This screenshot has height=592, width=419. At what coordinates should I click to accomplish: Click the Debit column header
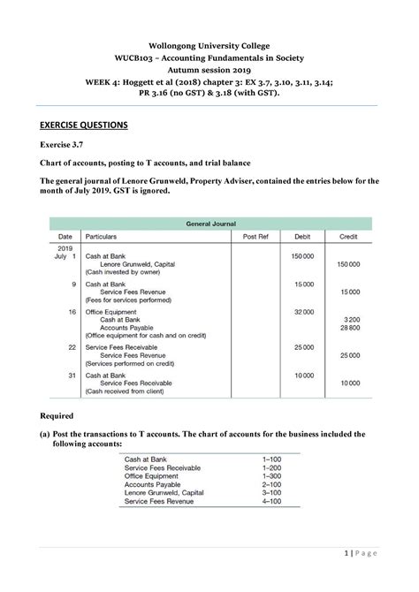tap(302, 238)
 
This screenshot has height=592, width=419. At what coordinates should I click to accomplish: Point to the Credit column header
tap(347, 238)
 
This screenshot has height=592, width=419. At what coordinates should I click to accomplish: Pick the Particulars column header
tap(103, 238)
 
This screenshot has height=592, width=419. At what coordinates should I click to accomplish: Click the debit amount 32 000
tap(303, 311)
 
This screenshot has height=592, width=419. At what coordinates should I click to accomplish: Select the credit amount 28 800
tap(349, 327)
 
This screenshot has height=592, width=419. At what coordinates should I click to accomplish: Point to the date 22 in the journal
tap(72, 347)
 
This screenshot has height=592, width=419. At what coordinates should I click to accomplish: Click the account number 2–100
tap(271, 484)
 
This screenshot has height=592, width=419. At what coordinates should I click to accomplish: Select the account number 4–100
tap(271, 500)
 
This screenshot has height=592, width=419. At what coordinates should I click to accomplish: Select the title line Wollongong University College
tap(209, 45)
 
